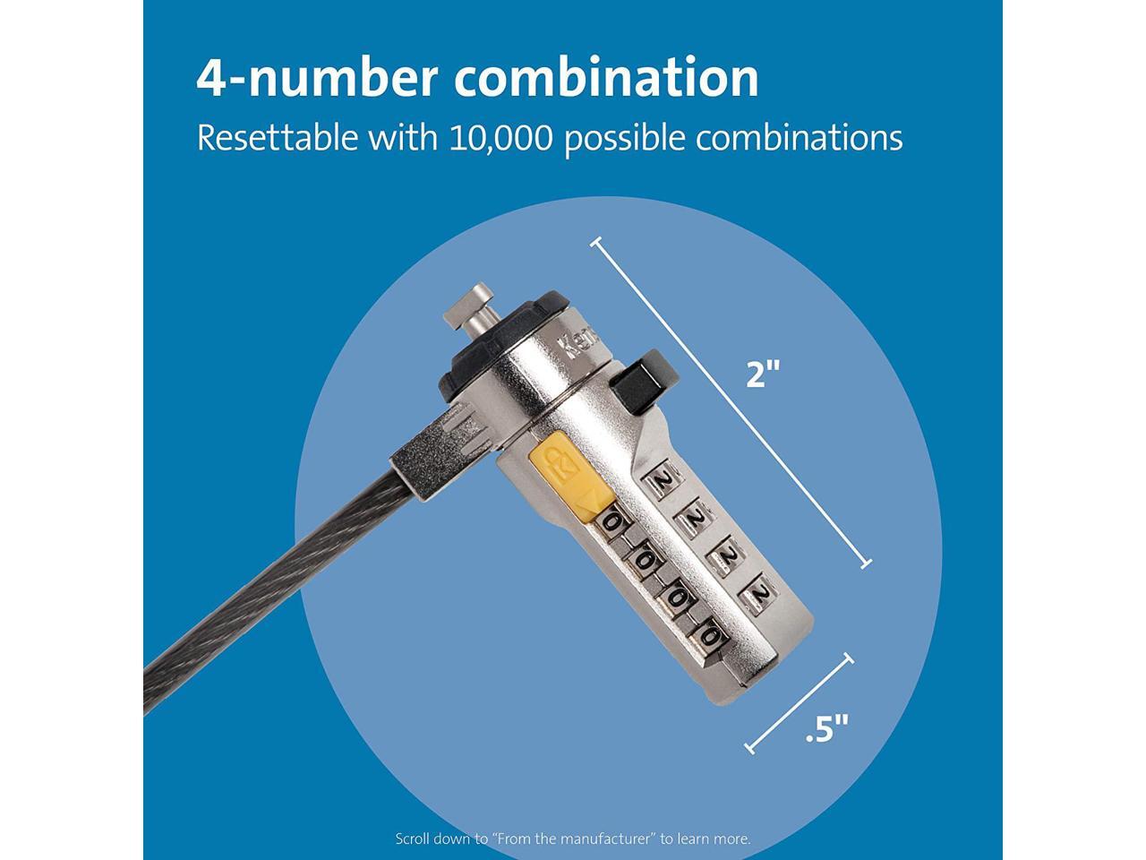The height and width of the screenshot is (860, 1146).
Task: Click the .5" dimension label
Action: click(825, 729)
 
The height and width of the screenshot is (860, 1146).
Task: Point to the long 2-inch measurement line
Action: click(730, 401)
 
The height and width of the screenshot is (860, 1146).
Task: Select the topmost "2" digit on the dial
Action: click(663, 482)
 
